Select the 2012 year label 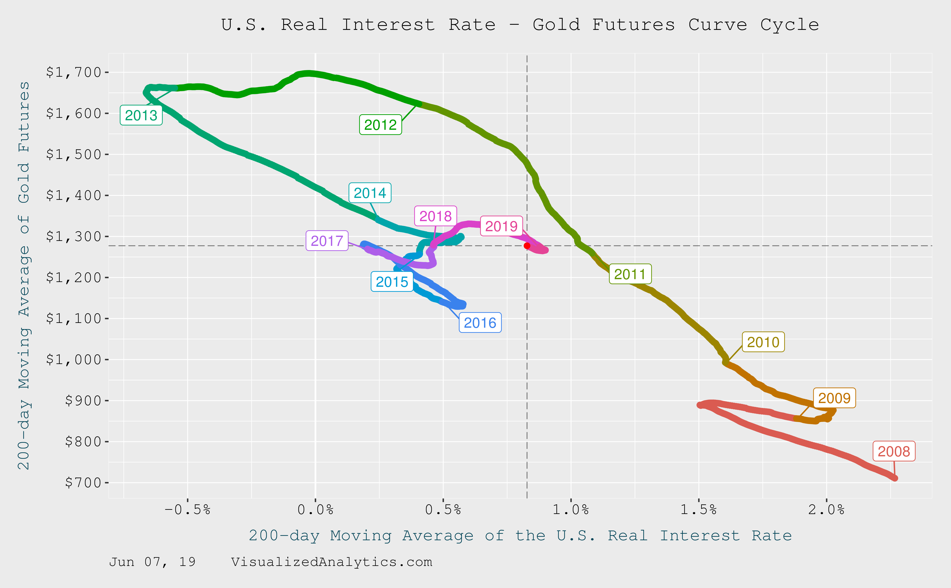click(x=380, y=125)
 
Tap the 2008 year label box click(x=894, y=452)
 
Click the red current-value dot click(x=527, y=246)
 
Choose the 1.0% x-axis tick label click(x=571, y=509)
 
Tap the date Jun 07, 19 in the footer click(x=152, y=562)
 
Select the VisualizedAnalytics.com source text click(x=332, y=562)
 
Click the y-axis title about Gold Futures click(x=24, y=275)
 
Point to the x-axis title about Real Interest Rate click(x=520, y=535)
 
